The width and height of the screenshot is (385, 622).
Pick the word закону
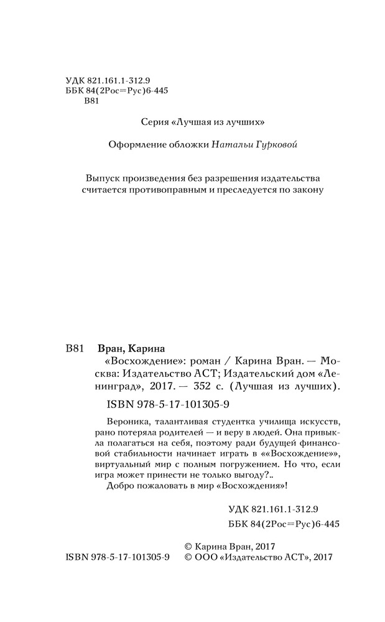click(306, 190)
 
